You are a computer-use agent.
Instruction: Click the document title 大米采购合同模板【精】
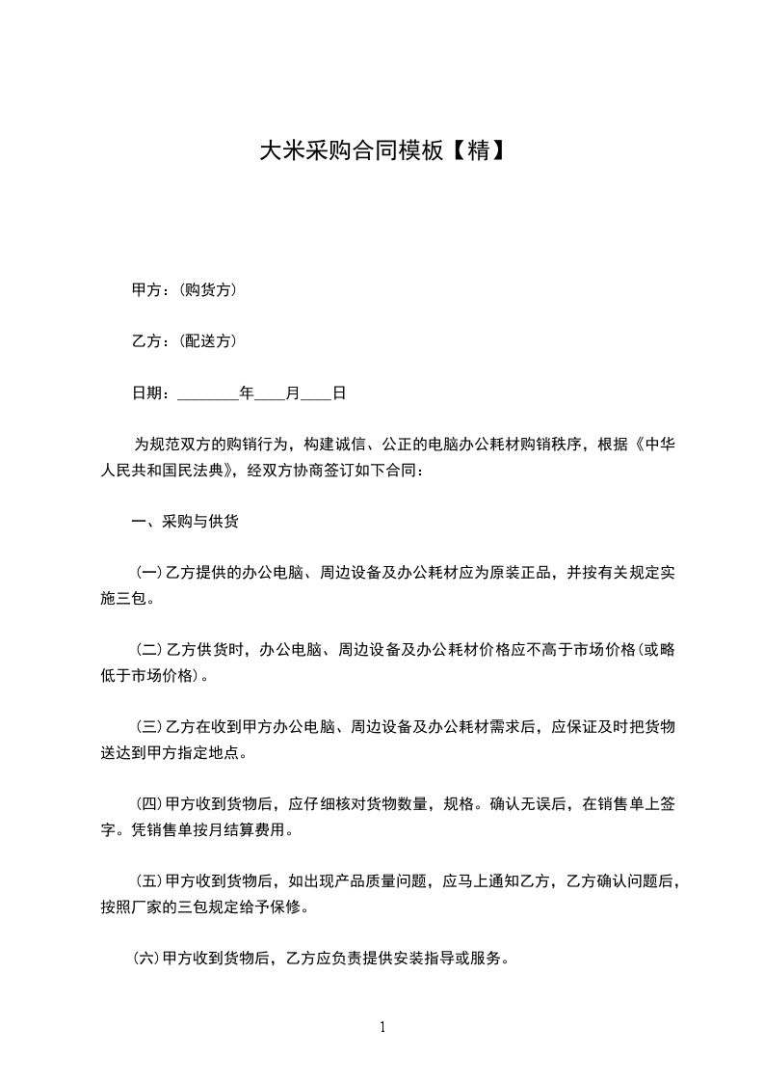coord(382,150)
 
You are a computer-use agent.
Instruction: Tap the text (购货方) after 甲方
coord(209,289)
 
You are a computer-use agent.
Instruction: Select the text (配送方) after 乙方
coord(209,341)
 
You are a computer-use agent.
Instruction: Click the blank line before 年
coord(208,394)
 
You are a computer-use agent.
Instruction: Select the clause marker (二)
coord(148,651)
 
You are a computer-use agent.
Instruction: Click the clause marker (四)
coord(148,803)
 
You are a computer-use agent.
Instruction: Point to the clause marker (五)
coord(148,881)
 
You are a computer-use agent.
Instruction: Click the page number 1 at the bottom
coord(382,1027)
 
